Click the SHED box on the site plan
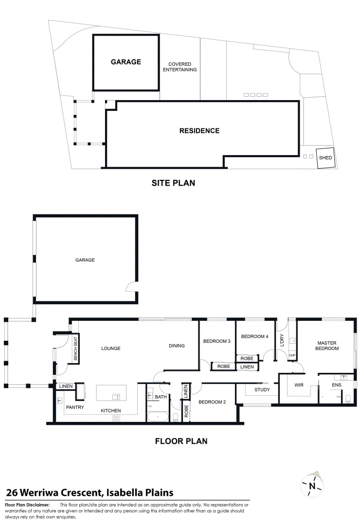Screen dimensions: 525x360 (325, 158)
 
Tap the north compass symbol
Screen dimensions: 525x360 (312, 485)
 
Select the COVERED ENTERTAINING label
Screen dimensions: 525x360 (180, 67)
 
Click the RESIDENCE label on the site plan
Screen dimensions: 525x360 (199, 131)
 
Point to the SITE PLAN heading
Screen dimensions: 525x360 (173, 183)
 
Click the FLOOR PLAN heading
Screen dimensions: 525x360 (181, 441)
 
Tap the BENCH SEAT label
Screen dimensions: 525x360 (75, 349)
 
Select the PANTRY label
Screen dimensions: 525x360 (75, 407)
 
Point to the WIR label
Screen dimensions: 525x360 (299, 385)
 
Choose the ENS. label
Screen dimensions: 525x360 (337, 385)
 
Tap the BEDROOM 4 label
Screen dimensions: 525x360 (254, 336)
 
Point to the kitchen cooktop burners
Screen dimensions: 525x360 (117, 418)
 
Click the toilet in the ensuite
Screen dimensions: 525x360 (347, 399)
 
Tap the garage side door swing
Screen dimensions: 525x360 (131, 287)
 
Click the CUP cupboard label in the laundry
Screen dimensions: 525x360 (292, 355)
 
